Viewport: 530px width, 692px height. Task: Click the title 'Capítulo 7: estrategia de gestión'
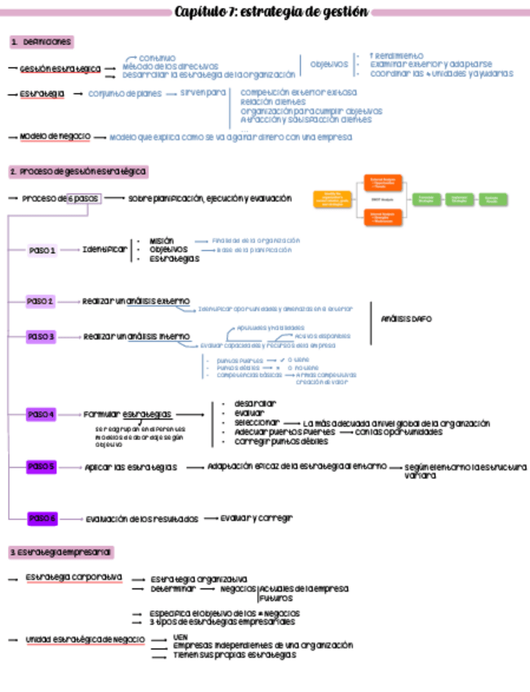point(271,12)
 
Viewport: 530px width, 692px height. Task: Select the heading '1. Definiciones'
point(42,42)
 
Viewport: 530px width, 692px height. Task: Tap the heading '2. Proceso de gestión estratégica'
point(78,172)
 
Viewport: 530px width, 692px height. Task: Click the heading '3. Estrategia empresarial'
point(61,552)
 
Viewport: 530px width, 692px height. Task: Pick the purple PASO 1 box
point(42,251)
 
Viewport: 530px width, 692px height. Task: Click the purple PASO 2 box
point(40,301)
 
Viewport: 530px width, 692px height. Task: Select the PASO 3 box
point(41,336)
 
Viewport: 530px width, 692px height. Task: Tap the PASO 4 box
point(41,415)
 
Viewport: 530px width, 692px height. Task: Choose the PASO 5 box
point(41,467)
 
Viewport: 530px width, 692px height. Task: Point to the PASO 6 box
point(42,518)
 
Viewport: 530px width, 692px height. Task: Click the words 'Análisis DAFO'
point(406,319)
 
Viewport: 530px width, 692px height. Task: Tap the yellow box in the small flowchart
point(332,199)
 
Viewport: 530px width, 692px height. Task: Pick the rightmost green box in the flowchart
point(492,199)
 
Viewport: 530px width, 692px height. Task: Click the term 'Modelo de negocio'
point(55,136)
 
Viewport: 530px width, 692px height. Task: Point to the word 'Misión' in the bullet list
point(162,241)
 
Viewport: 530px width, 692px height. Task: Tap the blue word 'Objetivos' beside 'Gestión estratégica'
point(329,64)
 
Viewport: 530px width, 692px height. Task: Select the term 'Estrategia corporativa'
point(73,577)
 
